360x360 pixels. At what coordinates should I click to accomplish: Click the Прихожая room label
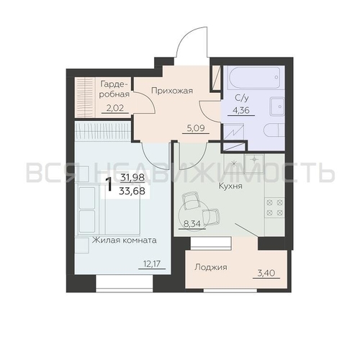pos(172,91)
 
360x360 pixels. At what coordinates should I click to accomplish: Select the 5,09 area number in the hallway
pos(196,128)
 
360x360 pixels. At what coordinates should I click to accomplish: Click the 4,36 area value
pos(241,110)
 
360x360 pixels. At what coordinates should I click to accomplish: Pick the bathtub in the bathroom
pos(255,78)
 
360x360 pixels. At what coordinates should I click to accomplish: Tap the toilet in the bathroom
pos(274,132)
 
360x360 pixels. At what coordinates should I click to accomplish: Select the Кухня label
pos(230,186)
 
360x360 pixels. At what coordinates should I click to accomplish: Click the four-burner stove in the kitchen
pos(274,207)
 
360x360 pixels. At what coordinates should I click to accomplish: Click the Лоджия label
pos(211,267)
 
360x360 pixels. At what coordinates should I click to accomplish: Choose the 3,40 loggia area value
pos(266,273)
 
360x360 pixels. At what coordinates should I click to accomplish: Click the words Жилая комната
pos(125,240)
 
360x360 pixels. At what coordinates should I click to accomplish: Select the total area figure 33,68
pos(132,191)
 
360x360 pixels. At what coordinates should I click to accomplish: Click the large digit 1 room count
pos(109,184)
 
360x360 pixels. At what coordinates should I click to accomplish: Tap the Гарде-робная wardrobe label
pos(114,89)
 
